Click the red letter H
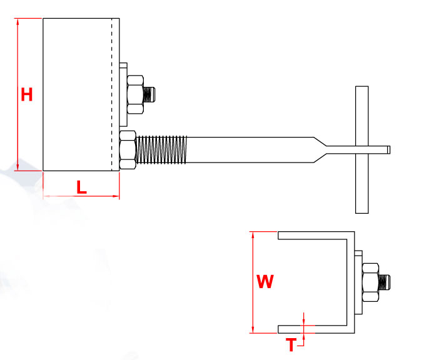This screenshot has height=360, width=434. pyautogui.click(x=26, y=95)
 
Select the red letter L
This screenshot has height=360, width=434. pyautogui.click(x=81, y=186)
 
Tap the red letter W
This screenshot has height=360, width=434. pyautogui.click(x=265, y=282)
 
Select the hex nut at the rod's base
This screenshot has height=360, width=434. pyautogui.click(x=127, y=150)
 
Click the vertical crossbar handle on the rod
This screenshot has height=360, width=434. pyautogui.click(x=361, y=150)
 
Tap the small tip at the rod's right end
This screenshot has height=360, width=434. pyautogui.click(x=388, y=149)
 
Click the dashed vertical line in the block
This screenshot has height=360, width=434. pyautogui.click(x=112, y=94)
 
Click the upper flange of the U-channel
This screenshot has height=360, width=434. pyautogui.click(x=313, y=236)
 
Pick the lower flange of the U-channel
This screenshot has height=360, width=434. pyautogui.click(x=313, y=329)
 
